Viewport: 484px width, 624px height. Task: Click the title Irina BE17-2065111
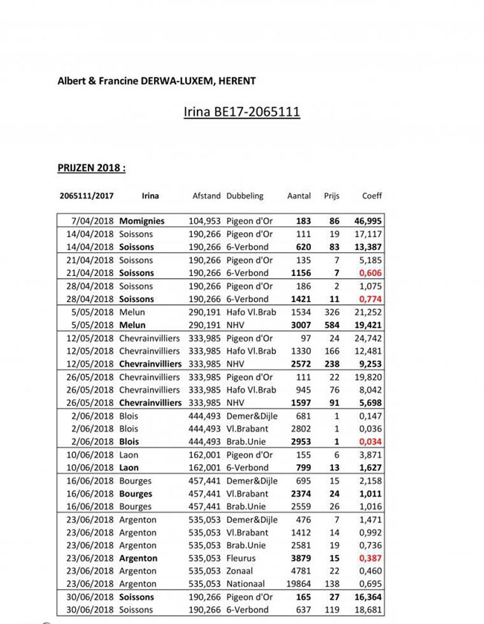pos(242,112)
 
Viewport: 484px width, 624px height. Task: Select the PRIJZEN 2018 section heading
pos(91,167)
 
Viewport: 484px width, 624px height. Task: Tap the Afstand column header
pos(206,196)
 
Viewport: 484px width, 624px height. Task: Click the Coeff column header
pos(372,196)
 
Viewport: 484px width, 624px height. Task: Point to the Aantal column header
pos(299,196)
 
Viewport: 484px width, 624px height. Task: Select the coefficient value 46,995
pos(368,221)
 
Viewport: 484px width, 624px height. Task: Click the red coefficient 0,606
pos(371,273)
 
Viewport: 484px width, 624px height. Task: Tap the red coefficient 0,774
pos(371,299)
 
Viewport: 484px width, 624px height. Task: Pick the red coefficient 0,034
pos(371,442)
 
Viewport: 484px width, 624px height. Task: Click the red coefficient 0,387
pos(371,559)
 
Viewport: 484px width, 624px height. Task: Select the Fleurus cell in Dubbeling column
pos(242,559)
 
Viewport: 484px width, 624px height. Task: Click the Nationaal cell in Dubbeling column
pos(246,585)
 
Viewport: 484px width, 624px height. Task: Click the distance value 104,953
pos(204,221)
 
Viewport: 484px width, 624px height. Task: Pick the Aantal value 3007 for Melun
pos(301,325)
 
